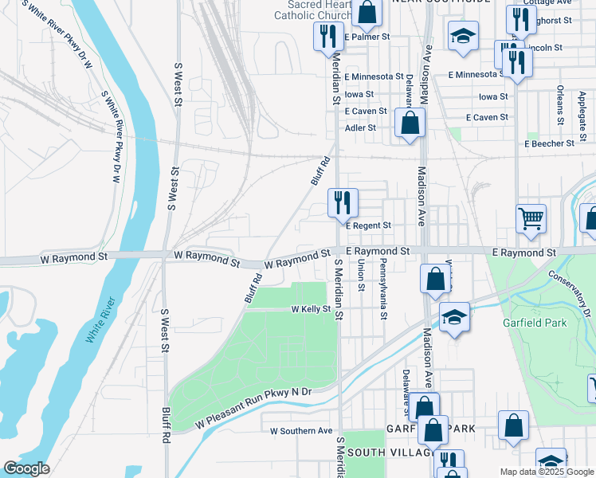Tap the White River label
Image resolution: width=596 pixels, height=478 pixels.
pos(101,320)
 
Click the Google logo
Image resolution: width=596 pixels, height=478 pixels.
pos(26,468)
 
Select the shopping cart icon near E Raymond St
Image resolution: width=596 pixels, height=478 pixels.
pos(531,217)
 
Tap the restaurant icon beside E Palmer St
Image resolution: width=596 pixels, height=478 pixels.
pos(327,37)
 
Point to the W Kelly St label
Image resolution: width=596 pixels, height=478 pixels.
pos(311,309)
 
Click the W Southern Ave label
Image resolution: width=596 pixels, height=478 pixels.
pos(301,431)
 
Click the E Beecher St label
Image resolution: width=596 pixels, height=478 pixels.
pos(549,143)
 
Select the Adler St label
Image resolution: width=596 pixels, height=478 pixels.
pos(360,127)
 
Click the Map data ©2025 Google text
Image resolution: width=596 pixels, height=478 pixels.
pos(546,472)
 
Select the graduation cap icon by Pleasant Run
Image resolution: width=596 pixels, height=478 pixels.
pos(454,318)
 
